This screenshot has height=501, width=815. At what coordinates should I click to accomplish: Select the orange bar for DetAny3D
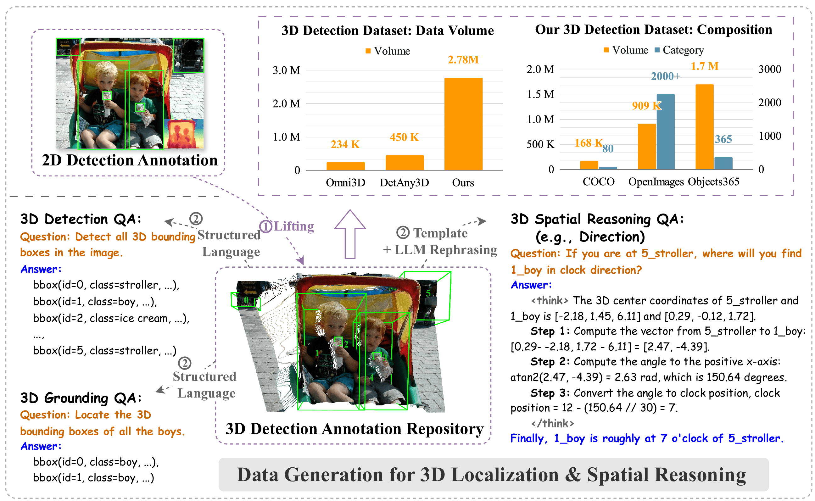tap(404, 162)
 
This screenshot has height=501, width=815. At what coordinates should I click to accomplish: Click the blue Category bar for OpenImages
tap(665, 131)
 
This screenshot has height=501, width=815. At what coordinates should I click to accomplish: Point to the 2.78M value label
tap(463, 60)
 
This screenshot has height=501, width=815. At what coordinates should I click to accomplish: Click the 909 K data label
tap(646, 106)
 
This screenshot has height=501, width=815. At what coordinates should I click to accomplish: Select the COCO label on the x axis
tap(598, 181)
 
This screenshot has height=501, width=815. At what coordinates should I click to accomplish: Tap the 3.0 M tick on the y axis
tap(286, 70)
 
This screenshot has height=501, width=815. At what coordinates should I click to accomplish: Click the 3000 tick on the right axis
tap(769, 69)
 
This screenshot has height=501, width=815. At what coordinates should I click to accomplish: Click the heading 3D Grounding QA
tap(81, 398)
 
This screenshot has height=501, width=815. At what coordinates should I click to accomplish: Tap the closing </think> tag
tap(552, 423)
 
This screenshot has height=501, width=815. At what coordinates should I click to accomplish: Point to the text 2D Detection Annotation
tap(130, 160)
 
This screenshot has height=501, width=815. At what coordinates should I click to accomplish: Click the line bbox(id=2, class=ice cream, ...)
tap(111, 318)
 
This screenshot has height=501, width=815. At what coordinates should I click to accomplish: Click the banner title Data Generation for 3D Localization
tap(491, 475)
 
